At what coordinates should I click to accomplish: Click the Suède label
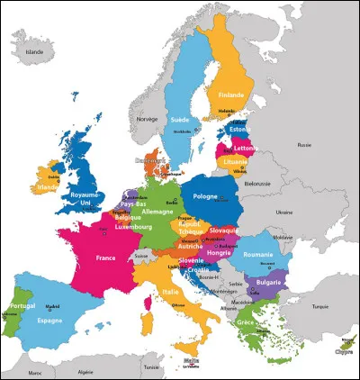click(x=180, y=119)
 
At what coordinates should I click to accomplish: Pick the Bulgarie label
click(x=267, y=282)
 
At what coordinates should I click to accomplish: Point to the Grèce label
click(x=246, y=321)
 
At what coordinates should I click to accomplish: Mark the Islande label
click(x=34, y=53)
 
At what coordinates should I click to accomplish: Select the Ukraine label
click(x=284, y=213)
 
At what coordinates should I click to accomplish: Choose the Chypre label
click(x=343, y=353)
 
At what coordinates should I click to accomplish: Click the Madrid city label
click(x=55, y=305)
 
